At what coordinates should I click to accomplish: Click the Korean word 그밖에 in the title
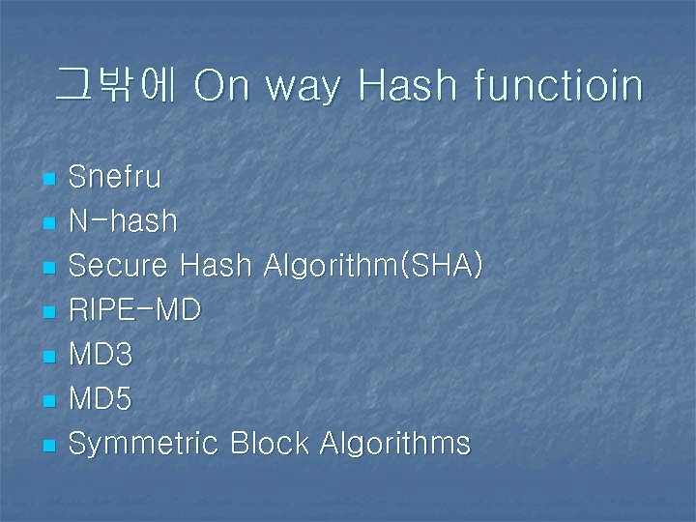tap(114, 85)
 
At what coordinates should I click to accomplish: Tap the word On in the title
tap(221, 86)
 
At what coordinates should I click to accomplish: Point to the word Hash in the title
tap(407, 86)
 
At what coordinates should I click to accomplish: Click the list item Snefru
tap(115, 178)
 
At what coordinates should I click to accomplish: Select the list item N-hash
tap(123, 222)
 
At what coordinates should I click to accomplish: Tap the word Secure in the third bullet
tap(118, 266)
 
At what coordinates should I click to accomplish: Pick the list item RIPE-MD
tap(134, 310)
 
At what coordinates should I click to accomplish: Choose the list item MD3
tap(101, 355)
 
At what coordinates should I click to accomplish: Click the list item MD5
tap(101, 399)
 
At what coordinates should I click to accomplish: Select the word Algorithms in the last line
tap(394, 445)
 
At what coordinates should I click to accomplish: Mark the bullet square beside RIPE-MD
tap(50, 312)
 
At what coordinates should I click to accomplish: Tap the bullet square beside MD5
tap(50, 401)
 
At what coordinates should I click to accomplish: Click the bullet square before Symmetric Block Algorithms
tap(50, 446)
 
